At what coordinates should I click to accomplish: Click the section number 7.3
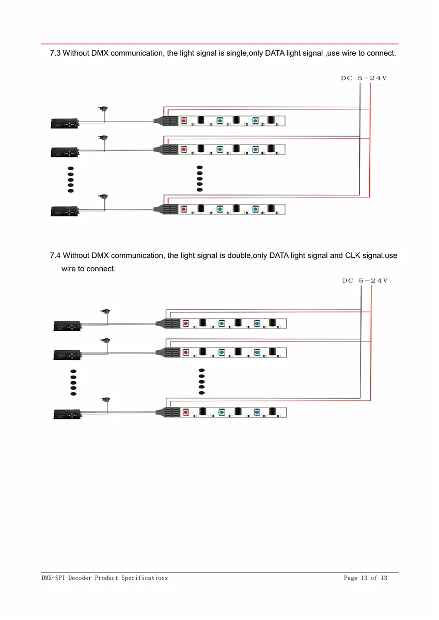(x=55, y=54)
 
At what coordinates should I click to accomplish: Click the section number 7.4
(x=55, y=255)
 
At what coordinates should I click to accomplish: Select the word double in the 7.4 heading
(x=239, y=255)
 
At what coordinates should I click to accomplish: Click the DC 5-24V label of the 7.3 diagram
(x=364, y=78)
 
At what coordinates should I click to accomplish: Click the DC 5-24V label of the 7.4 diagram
(x=365, y=281)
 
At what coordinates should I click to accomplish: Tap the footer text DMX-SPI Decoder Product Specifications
(x=105, y=578)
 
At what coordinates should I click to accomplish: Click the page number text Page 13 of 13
(x=365, y=578)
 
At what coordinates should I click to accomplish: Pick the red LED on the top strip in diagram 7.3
(x=183, y=121)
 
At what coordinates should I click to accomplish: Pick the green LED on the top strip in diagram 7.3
(x=219, y=121)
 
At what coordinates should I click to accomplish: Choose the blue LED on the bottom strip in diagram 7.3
(x=255, y=209)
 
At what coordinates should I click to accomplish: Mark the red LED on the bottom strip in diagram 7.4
(x=185, y=413)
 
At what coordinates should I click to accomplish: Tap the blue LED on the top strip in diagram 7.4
(x=257, y=323)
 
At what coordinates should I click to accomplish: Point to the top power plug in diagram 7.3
(x=103, y=109)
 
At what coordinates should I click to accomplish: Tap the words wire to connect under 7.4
(x=88, y=269)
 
